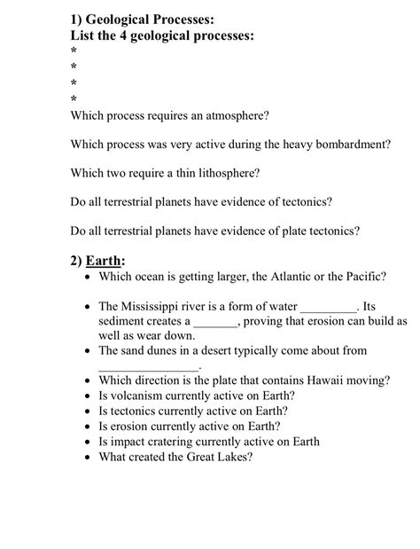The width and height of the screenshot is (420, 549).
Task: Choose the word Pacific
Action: point(362,277)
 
